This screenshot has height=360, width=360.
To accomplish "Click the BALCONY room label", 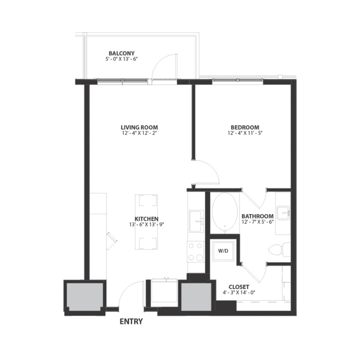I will (x=121, y=53).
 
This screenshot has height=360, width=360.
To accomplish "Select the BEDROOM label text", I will (x=243, y=128).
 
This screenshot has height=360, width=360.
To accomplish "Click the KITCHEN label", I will (x=146, y=219).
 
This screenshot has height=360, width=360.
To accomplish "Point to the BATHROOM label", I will (x=258, y=216).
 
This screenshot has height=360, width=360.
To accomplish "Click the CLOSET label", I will (x=239, y=287).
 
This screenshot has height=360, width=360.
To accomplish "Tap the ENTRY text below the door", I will (x=131, y=321).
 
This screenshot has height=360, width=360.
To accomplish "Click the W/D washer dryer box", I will (x=223, y=251).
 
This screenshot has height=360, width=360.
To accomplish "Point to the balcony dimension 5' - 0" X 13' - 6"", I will (x=121, y=58).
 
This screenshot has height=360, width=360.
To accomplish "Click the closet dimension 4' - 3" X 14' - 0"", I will (x=239, y=292).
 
